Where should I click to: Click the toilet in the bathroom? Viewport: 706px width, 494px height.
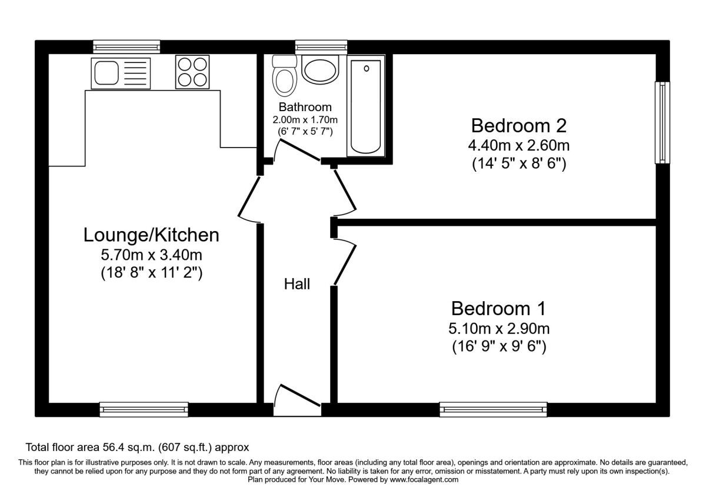(284, 76)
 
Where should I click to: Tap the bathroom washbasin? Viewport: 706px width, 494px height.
(320, 69)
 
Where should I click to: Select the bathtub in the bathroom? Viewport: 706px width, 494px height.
(365, 106)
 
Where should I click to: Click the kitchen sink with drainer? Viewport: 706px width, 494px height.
(121, 74)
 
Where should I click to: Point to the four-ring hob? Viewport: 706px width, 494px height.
(192, 72)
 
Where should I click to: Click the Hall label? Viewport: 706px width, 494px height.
(297, 284)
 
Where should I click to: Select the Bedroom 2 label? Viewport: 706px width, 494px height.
(519, 125)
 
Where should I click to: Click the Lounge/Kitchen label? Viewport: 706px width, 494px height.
(151, 235)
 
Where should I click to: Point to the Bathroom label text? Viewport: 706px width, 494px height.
(305, 107)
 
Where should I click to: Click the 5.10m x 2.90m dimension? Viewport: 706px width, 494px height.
(499, 329)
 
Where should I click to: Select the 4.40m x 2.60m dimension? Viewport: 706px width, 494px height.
(519, 146)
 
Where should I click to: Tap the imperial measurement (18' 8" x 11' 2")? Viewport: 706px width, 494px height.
(152, 273)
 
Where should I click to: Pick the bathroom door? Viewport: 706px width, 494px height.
(297, 151)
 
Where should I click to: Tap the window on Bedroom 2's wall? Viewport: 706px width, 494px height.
(662, 123)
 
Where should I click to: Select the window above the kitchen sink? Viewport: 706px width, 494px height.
(126, 46)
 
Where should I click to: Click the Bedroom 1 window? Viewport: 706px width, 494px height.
(493, 409)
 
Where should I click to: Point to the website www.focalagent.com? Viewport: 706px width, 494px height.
(424, 480)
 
